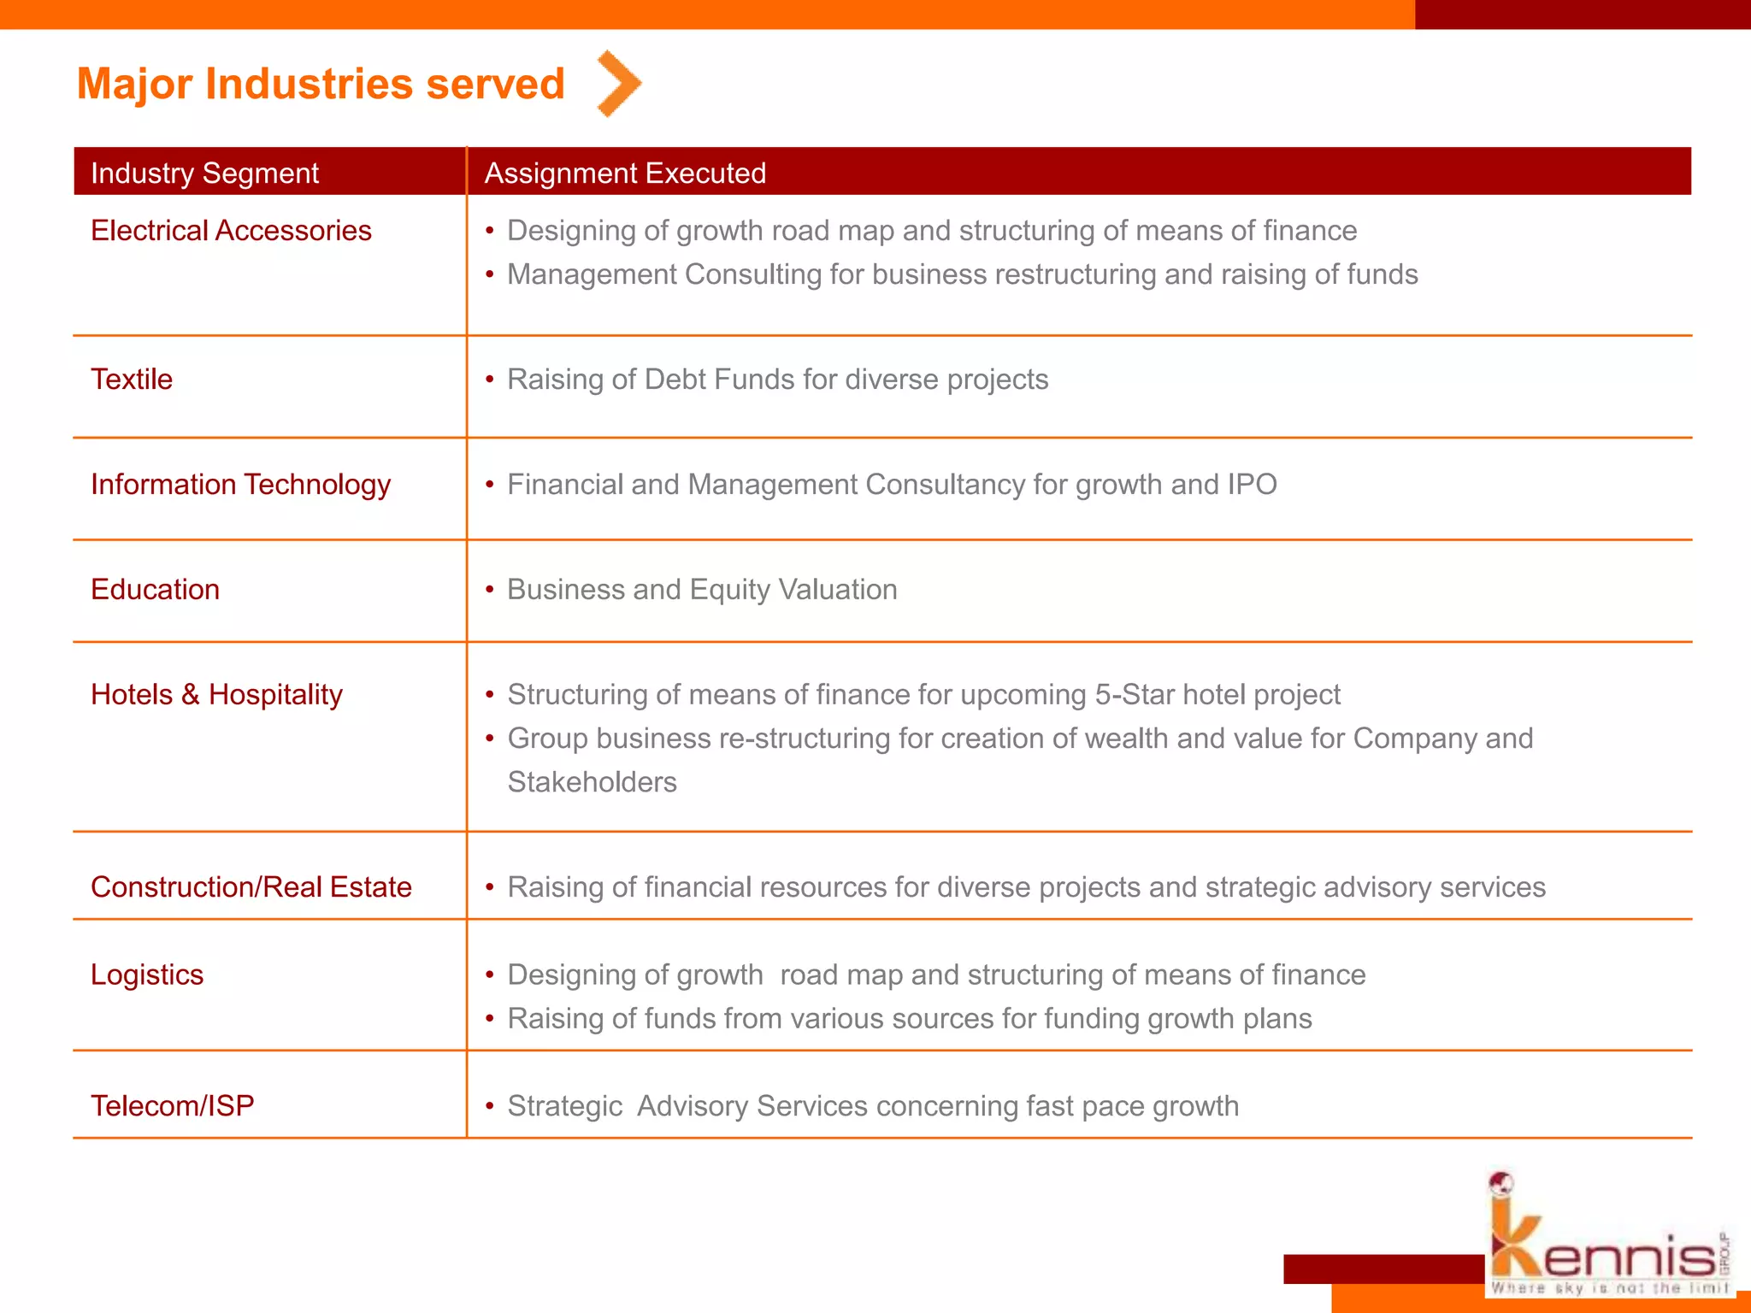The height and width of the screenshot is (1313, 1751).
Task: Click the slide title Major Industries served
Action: [321, 84]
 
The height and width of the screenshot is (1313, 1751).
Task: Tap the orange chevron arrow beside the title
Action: [619, 83]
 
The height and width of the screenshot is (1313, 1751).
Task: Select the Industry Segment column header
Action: [204, 173]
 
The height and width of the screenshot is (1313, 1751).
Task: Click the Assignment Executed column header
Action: [625, 173]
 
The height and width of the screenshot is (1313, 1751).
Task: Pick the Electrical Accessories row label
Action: [231, 231]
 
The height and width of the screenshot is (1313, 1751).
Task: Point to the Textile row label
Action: [132, 379]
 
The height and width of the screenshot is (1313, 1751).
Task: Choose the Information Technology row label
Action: [240, 485]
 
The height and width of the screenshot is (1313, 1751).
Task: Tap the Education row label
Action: [155, 590]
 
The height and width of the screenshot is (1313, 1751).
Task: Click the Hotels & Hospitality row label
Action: [216, 695]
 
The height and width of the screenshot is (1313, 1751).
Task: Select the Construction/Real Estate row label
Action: [251, 887]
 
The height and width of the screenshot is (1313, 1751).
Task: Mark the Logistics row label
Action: [147, 975]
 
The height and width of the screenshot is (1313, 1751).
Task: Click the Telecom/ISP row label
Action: [173, 1106]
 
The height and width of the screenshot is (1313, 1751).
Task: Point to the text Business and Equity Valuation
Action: [702, 590]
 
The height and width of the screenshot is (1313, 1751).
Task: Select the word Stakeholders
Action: [592, 782]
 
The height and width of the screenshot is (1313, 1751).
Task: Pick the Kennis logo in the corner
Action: [1607, 1239]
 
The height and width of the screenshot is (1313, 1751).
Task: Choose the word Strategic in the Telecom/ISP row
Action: [565, 1106]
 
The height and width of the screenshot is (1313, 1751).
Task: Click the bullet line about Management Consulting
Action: [962, 274]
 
